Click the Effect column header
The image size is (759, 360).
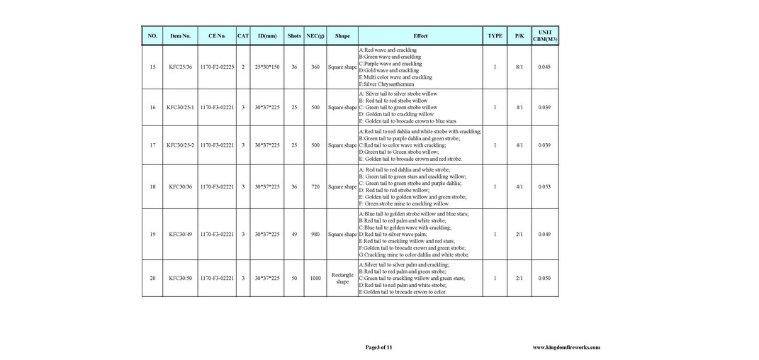(420, 35)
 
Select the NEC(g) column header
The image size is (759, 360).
(315, 35)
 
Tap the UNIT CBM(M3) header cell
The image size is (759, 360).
(544, 35)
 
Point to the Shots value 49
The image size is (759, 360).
(294, 234)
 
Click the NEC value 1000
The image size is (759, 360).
(315, 279)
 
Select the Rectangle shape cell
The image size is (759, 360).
(342, 279)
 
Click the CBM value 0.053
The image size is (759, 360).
(544, 187)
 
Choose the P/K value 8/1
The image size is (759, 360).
(519, 67)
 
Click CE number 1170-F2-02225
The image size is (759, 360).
(217, 67)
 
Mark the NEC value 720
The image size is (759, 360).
(315, 187)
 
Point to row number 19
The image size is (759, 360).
(152, 234)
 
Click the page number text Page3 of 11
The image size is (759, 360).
(378, 347)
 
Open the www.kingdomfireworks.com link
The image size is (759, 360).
(566, 347)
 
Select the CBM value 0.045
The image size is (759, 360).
(544, 67)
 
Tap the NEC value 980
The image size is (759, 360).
(315, 234)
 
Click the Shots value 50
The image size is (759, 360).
(294, 279)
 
